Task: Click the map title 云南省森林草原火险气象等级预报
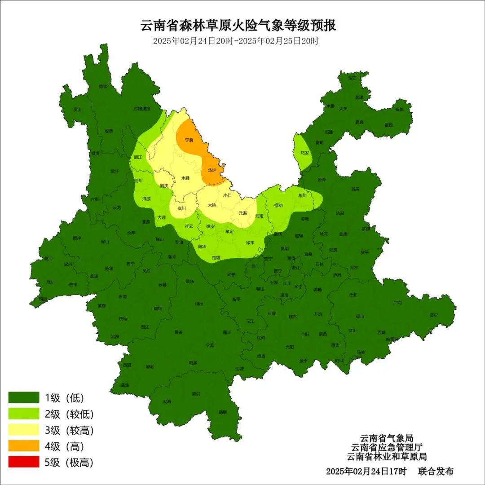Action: (x=238, y=26)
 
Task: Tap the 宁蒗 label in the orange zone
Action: (x=189, y=140)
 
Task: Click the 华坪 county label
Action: (x=212, y=171)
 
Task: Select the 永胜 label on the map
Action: (x=185, y=178)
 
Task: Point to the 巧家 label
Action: (x=304, y=153)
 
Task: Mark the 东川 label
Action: (x=302, y=195)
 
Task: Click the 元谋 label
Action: (x=242, y=213)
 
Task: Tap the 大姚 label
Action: (x=212, y=205)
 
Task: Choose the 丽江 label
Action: (x=138, y=157)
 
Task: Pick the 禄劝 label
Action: (x=278, y=205)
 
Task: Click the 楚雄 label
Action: (x=216, y=258)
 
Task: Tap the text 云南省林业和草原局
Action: (x=386, y=457)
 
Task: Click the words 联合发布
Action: (x=436, y=472)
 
